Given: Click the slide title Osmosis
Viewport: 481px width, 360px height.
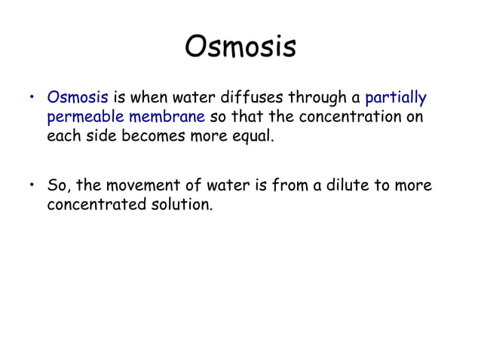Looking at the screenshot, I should pos(240,47).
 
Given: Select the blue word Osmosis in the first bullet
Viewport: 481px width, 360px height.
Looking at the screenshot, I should pos(78,98).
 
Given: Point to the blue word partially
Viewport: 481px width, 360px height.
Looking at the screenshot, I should pos(395,99).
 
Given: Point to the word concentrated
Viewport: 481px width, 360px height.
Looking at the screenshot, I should pos(92,205).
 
